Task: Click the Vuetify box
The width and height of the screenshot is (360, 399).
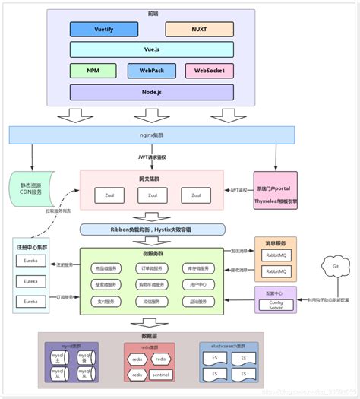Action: (104, 30)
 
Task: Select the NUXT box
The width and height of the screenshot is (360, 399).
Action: (200, 30)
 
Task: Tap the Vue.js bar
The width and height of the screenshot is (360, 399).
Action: (152, 49)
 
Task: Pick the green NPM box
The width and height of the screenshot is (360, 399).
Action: (93, 71)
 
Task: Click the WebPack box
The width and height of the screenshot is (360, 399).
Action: (152, 71)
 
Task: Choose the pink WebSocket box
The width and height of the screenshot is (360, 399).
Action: (209, 71)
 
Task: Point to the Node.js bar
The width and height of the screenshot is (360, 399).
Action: (152, 92)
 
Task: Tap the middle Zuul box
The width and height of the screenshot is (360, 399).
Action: (153, 195)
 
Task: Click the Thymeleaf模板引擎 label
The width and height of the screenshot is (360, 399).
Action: (276, 201)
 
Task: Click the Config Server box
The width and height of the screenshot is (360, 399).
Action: (275, 305)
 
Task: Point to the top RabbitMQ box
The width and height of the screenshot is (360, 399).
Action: (275, 255)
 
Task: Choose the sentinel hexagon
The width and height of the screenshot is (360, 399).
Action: (160, 373)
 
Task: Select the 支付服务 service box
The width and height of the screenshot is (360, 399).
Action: (106, 301)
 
